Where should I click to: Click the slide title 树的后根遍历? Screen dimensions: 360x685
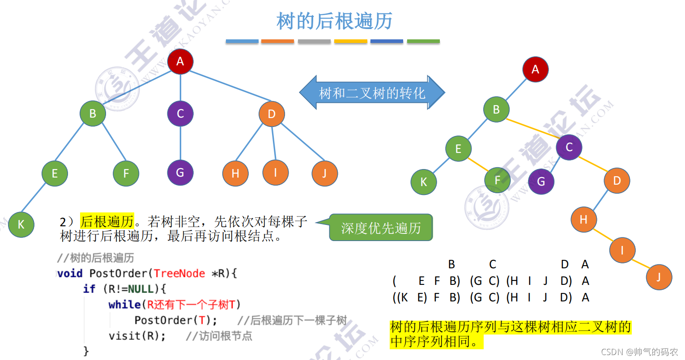click(x=335, y=21)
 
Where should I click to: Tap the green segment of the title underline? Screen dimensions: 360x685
click(x=423, y=41)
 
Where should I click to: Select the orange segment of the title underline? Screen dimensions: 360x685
click(x=277, y=41)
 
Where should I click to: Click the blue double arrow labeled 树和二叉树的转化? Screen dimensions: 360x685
click(x=372, y=93)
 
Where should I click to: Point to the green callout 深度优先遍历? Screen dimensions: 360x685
click(x=381, y=228)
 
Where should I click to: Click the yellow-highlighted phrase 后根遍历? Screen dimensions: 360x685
click(x=107, y=221)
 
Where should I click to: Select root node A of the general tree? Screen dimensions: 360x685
click(x=180, y=61)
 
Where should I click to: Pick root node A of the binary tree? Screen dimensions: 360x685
click(x=535, y=69)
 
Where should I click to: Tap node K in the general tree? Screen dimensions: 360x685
click(x=21, y=224)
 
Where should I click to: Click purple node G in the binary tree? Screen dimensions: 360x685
click(x=541, y=182)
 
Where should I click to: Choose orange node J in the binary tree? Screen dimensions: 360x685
click(x=659, y=277)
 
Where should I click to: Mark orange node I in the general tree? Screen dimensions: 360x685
click(x=275, y=173)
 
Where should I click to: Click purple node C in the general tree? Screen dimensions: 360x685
click(x=180, y=114)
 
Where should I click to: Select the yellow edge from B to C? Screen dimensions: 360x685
click(x=533, y=128)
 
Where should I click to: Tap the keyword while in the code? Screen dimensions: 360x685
click(x=124, y=305)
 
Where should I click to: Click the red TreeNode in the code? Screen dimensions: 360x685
click(x=179, y=273)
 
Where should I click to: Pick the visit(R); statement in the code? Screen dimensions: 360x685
click(x=137, y=336)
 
